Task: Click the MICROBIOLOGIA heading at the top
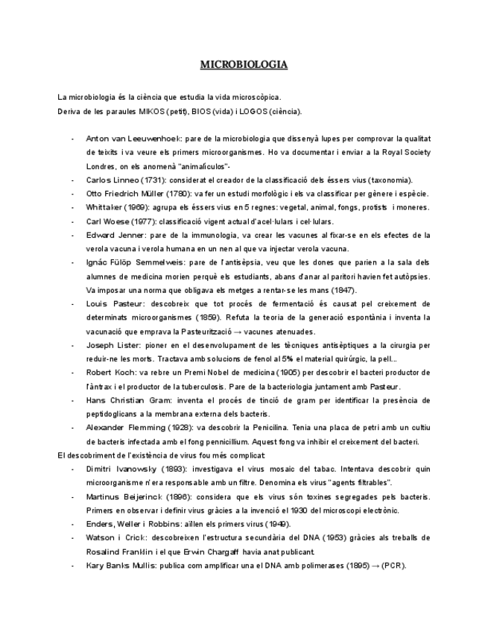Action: click(244, 65)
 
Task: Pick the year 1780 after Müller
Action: click(182, 195)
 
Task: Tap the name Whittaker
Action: click(105, 208)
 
